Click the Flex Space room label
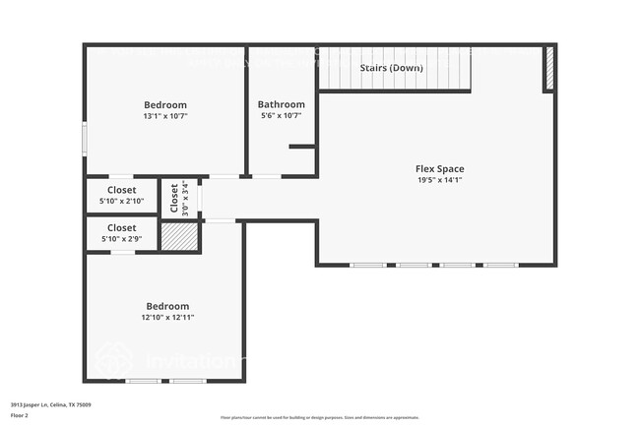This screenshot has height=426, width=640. [439, 168]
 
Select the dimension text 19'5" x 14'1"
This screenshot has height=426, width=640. [439, 180]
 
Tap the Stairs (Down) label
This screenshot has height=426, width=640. [392, 68]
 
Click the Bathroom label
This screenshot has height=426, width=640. [282, 104]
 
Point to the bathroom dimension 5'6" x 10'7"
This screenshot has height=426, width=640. [282, 116]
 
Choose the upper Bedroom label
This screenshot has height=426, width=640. [165, 104]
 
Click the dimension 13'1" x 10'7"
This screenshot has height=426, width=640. [165, 116]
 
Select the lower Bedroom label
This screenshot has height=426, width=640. [166, 306]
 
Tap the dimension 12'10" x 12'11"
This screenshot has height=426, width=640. [166, 318]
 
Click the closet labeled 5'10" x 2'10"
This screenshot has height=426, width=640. [122, 196]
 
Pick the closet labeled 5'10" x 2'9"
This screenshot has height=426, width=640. [122, 233]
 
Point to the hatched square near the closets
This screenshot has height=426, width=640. [179, 236]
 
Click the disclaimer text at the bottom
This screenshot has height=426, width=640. [319, 416]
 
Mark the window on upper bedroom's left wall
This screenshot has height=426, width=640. [86, 138]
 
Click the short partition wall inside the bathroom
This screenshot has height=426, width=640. [302, 147]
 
